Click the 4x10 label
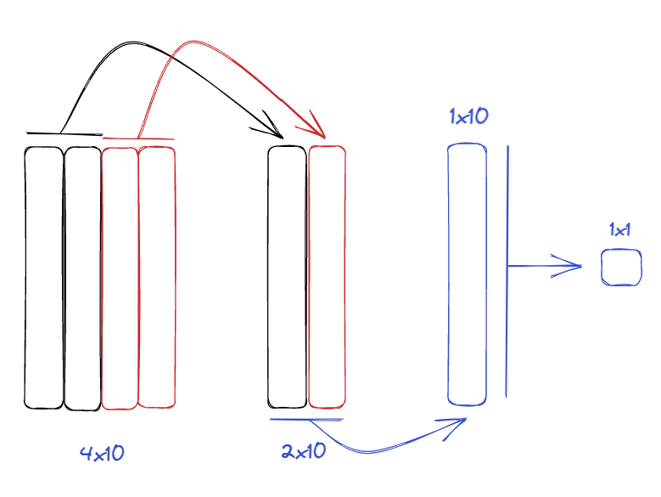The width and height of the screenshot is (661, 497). [x=102, y=454]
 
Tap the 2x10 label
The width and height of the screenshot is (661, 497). [x=304, y=451]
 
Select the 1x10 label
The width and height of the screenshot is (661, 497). [x=468, y=116]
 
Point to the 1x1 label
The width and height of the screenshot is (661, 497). [x=619, y=230]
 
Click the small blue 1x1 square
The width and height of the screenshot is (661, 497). [x=621, y=268]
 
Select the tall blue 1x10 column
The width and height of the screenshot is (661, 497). [x=467, y=274]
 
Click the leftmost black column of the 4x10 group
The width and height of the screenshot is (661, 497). [x=44, y=278]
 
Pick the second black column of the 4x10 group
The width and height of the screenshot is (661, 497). [x=82, y=279]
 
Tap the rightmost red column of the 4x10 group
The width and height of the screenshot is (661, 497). [x=157, y=277]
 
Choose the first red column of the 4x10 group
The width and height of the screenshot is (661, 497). [x=120, y=279]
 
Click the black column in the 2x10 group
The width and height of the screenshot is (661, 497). [x=287, y=277]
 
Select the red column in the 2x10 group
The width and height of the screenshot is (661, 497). [x=328, y=277]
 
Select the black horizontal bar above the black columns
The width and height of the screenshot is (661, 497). [x=64, y=133]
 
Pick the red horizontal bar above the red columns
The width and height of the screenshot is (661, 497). [x=138, y=138]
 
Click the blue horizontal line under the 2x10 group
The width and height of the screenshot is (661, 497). [x=306, y=420]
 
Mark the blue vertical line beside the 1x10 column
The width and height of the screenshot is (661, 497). [x=507, y=271]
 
